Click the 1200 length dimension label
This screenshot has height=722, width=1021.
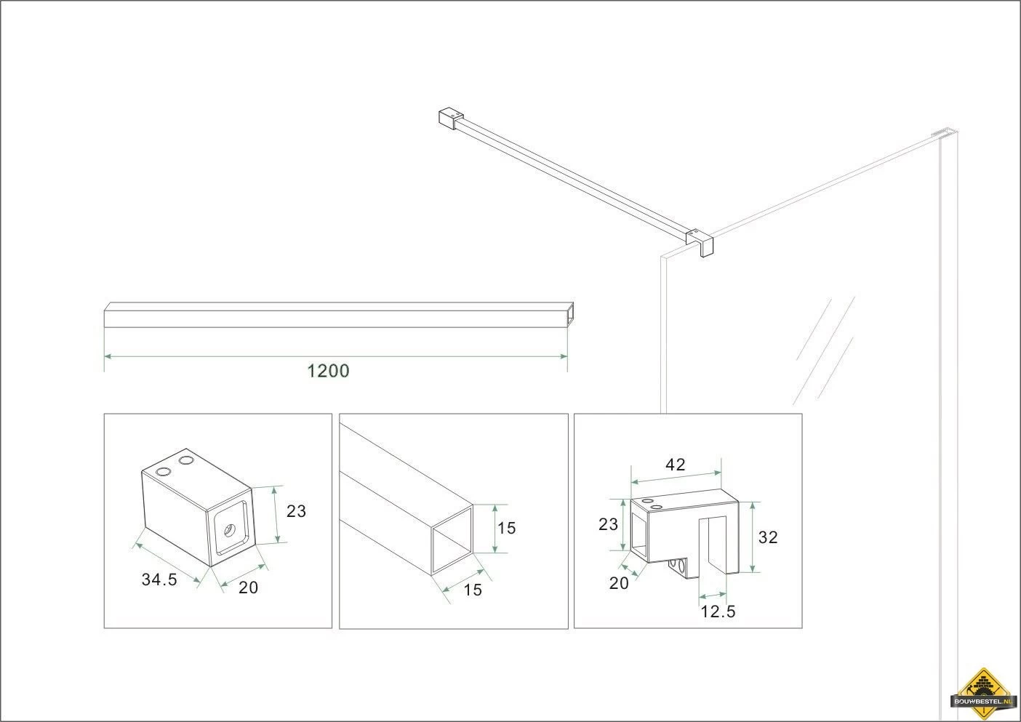pyautogui.click(x=328, y=371)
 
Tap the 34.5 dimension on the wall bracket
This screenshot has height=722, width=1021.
pyautogui.click(x=159, y=579)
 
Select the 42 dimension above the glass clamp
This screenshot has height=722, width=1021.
pyautogui.click(x=675, y=465)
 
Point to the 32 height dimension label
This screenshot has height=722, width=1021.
pyautogui.click(x=768, y=537)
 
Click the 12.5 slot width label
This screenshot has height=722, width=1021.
pyautogui.click(x=718, y=611)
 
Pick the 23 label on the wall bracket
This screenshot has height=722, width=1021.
pyautogui.click(x=296, y=511)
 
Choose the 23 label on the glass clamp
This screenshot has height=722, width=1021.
pyautogui.click(x=608, y=524)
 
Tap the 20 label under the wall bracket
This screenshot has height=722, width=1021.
pyautogui.click(x=249, y=588)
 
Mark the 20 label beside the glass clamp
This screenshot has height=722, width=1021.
pyautogui.click(x=619, y=583)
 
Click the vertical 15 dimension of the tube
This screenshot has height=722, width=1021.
pyautogui.click(x=506, y=528)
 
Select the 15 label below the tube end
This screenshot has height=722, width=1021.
pyautogui.click(x=473, y=590)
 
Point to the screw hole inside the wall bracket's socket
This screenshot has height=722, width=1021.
pyautogui.click(x=228, y=529)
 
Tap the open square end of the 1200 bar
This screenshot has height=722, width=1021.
pyautogui.click(x=569, y=315)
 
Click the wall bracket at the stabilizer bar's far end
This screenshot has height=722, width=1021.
pyautogui.click(x=450, y=118)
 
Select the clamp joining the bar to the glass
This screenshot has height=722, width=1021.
pyautogui.click(x=700, y=241)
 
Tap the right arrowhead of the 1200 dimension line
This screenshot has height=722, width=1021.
pyautogui.click(x=564, y=356)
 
